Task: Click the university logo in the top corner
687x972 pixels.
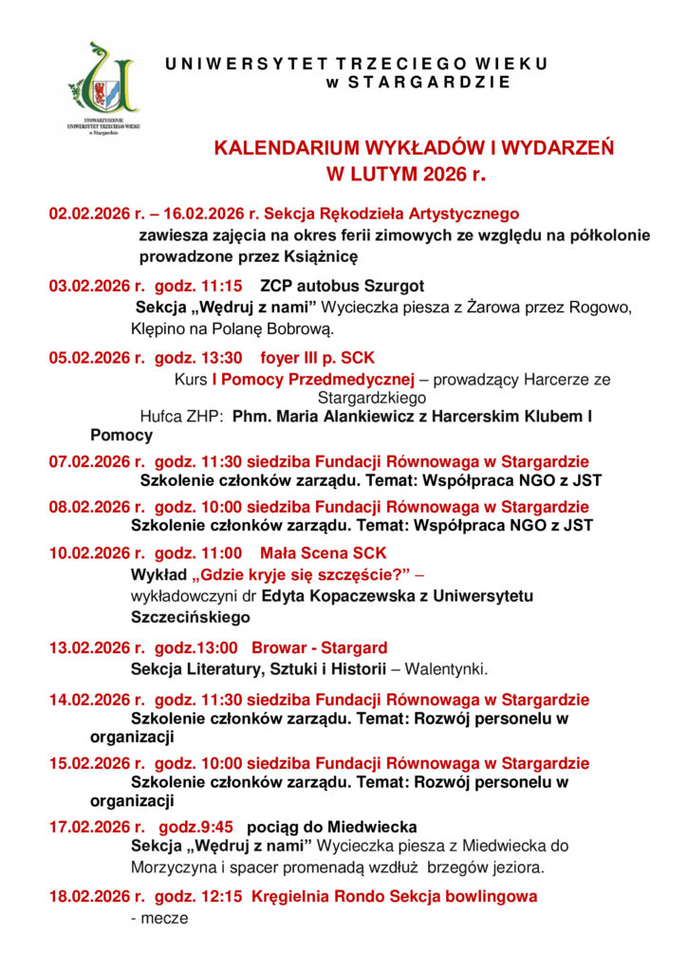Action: [x=102, y=87]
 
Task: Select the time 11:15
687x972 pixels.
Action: [x=224, y=285]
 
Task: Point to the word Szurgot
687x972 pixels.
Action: [x=391, y=285]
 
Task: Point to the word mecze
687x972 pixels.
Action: [x=164, y=918]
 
